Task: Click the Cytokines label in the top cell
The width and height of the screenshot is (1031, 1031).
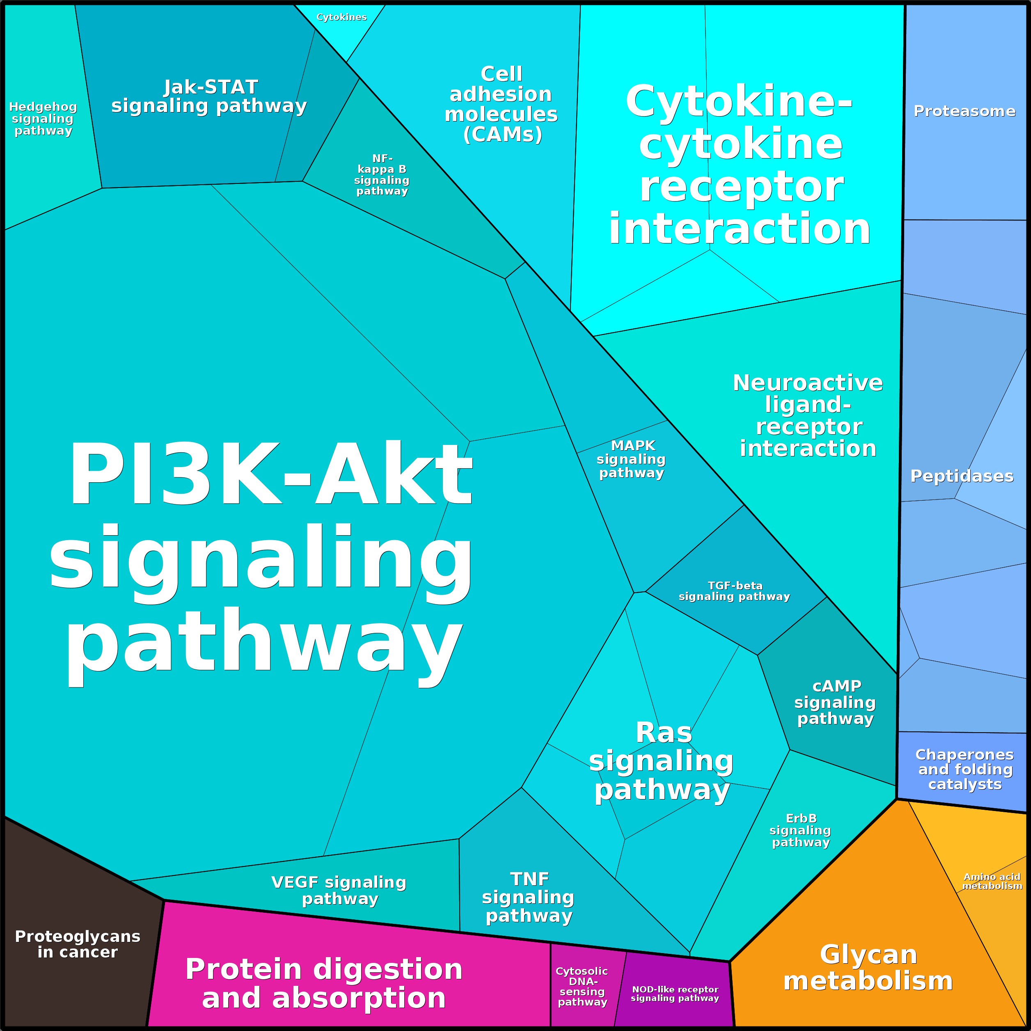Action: coord(341,17)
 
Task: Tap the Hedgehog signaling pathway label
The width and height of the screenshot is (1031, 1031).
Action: coord(43,119)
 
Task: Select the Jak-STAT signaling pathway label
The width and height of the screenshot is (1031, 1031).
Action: coord(209,96)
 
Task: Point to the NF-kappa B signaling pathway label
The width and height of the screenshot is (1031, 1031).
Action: coord(382,174)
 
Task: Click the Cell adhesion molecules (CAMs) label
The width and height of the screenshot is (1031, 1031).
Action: coord(502,104)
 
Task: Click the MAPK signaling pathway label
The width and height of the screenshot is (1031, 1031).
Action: coord(632,459)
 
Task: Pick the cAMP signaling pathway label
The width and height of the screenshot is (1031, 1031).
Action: coord(835,702)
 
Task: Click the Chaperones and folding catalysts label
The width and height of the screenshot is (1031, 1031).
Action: coord(965,769)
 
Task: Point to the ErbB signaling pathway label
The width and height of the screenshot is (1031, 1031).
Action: coord(800,830)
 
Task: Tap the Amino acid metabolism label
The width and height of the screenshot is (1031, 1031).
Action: coord(992,881)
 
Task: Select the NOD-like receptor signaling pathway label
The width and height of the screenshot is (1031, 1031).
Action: coord(675,994)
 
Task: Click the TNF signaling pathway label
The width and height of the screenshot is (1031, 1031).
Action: coord(528,897)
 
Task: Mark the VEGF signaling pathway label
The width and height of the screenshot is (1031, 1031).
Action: coord(339,890)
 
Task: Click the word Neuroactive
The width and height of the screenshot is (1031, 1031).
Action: coord(808,383)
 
